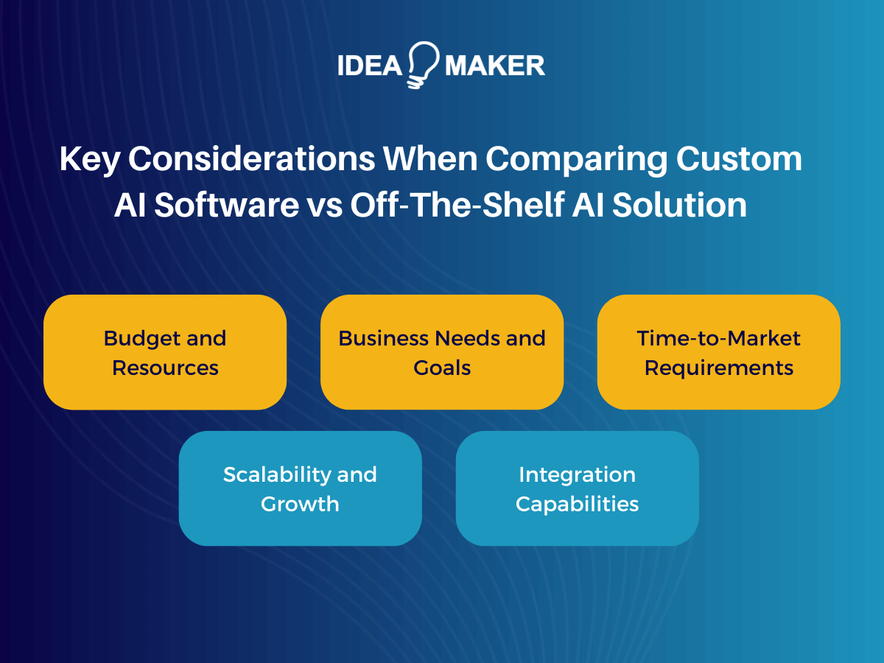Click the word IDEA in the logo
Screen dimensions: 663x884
pos(368,66)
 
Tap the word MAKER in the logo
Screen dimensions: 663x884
pos(495,66)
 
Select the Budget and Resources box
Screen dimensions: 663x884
pos(165,352)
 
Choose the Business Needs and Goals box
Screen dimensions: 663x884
pos(442,352)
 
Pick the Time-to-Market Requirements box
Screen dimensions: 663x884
pos(718,352)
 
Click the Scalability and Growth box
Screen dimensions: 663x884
pos(300,488)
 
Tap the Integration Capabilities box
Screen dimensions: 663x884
pos(577,488)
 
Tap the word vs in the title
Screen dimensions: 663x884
pos(322,206)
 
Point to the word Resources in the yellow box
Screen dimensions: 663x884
pos(165,368)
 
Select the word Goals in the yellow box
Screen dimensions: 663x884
pos(442,368)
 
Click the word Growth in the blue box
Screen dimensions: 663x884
pos(300,504)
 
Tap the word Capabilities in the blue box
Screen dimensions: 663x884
pos(577,504)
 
